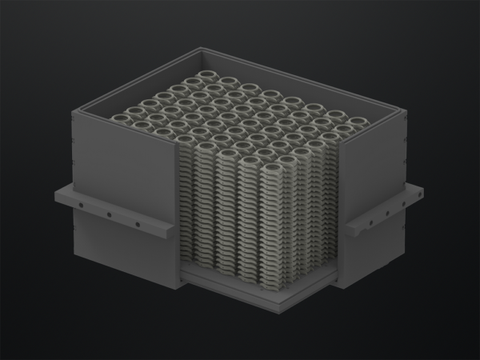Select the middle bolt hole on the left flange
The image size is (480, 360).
(108, 214)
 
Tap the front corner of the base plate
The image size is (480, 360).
(282, 310)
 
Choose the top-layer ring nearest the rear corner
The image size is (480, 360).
(198, 82)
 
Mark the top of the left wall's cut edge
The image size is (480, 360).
(178, 146)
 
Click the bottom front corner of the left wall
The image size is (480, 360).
(178, 286)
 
